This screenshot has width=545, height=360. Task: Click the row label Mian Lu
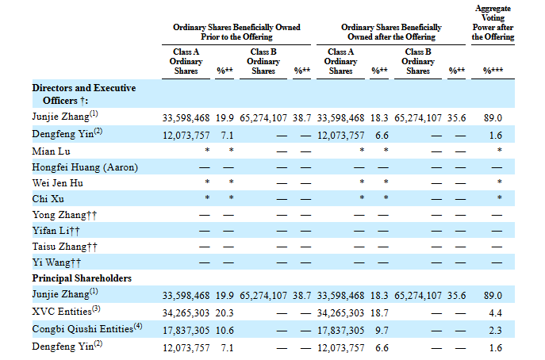click(51, 151)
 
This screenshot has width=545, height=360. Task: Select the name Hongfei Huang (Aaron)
click(85, 167)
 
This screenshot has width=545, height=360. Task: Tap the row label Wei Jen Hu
click(58, 183)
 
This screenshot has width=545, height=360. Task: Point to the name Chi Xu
click(48, 199)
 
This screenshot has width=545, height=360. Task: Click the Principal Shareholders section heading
click(82, 278)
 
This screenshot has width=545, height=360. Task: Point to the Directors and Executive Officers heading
click(84, 94)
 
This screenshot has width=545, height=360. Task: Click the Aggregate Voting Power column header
click(493, 22)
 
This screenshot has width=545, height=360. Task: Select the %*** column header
click(493, 71)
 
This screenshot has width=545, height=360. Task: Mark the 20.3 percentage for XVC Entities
click(225, 313)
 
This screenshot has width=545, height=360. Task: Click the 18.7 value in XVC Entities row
click(379, 313)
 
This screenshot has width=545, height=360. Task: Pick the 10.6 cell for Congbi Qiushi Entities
click(225, 331)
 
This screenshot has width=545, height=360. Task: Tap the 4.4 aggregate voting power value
click(495, 313)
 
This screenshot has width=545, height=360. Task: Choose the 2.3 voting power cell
click(495, 331)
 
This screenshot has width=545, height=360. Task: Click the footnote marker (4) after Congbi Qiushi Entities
click(138, 326)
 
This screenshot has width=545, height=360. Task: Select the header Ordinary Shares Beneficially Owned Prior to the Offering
click(236, 32)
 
